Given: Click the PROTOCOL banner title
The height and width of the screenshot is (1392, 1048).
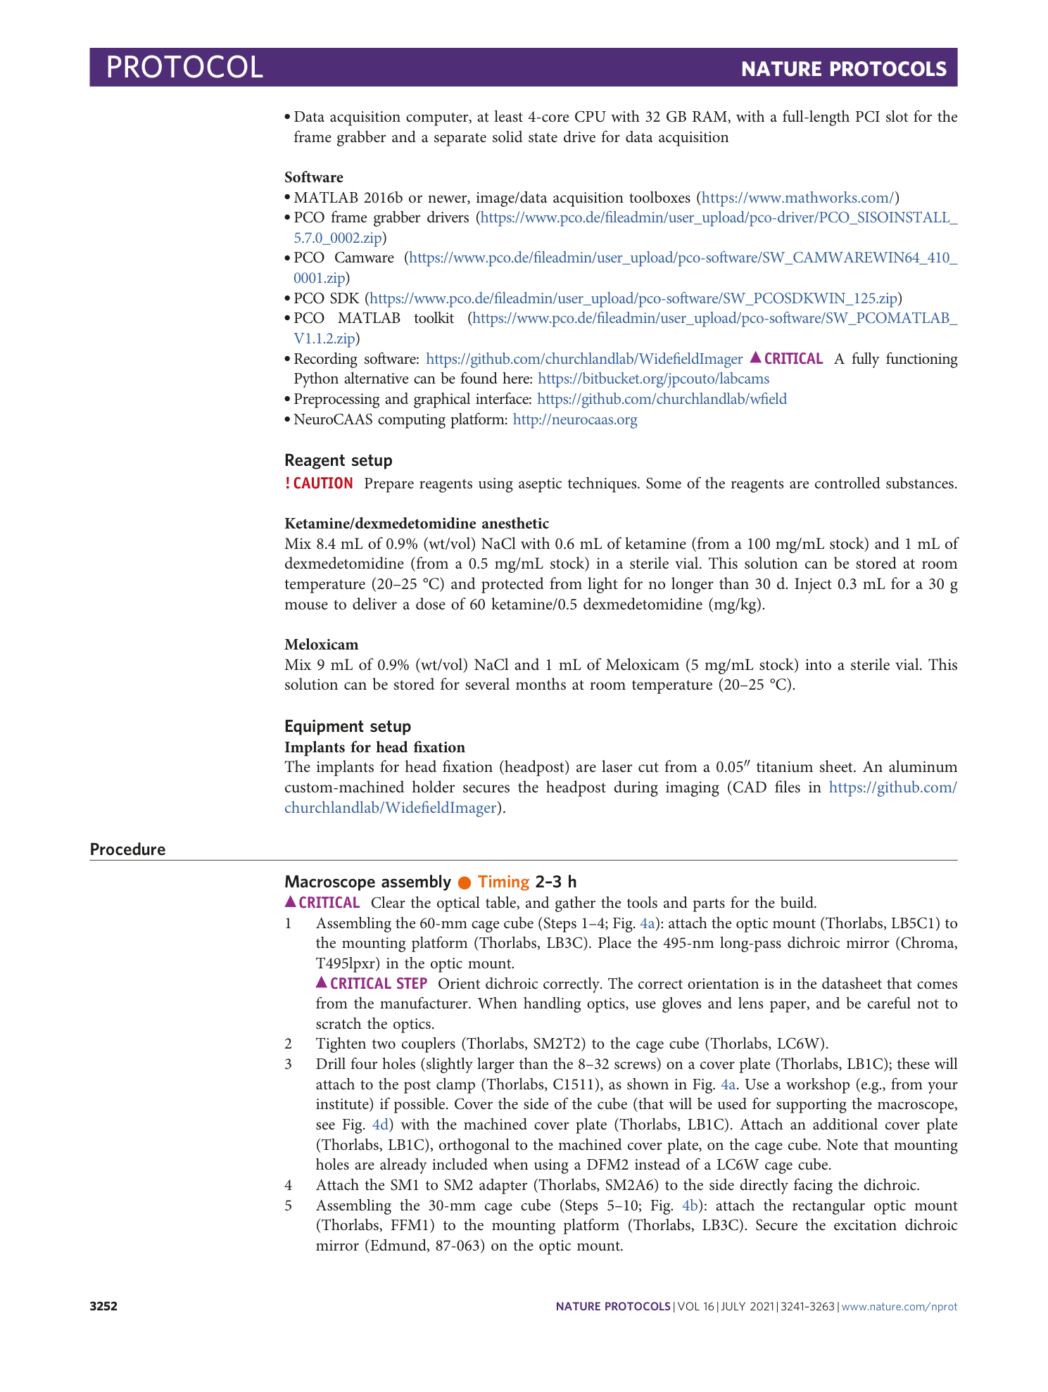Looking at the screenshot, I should [184, 68].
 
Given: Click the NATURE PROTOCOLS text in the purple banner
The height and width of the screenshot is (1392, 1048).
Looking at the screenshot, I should [843, 69].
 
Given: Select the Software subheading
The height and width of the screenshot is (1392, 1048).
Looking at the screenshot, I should [314, 177].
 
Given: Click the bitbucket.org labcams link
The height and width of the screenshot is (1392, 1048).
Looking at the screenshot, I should [653, 379].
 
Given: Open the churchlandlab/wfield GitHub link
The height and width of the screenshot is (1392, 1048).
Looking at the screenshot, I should [662, 399].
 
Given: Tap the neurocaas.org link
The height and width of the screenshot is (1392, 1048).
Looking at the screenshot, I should [575, 419].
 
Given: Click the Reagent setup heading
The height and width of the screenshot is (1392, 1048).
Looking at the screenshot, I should [338, 460].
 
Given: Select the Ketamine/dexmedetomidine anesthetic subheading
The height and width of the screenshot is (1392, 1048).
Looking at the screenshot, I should [417, 524].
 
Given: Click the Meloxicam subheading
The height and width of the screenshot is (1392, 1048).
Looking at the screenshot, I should [321, 645].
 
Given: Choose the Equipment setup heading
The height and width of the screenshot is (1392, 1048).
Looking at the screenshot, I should [348, 726].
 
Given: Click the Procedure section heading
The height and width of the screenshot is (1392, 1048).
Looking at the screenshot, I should [127, 849].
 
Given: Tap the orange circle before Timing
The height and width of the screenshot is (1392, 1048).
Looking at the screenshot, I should [465, 882].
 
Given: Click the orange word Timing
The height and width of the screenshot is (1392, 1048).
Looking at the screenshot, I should [503, 882].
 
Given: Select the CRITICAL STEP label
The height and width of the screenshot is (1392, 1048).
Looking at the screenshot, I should [378, 984].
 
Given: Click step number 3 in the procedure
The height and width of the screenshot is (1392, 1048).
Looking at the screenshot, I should [289, 1064].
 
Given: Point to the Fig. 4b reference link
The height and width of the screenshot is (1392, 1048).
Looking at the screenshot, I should [690, 1206].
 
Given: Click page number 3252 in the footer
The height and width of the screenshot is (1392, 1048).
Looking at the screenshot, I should [103, 1307].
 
